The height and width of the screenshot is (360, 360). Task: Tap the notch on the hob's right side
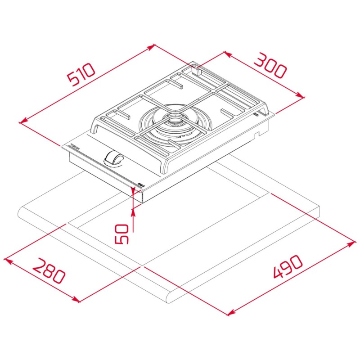[x=257, y=134]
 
